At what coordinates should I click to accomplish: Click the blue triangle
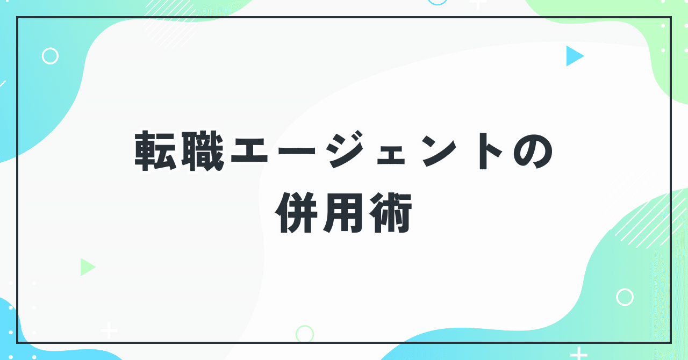pyautogui.click(x=574, y=56)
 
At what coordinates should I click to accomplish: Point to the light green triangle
pyautogui.click(x=87, y=267)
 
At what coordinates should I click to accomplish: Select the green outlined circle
pyautogui.click(x=305, y=334)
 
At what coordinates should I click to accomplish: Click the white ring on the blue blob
pyautogui.click(x=50, y=56)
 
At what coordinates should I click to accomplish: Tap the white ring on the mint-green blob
pyautogui.click(x=625, y=297)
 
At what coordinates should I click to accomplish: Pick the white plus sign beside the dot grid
pyautogui.click(x=109, y=330)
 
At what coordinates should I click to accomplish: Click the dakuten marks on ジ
pyautogui.click(x=359, y=139)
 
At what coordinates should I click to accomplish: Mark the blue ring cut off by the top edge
pyautogui.click(x=438, y=2)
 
